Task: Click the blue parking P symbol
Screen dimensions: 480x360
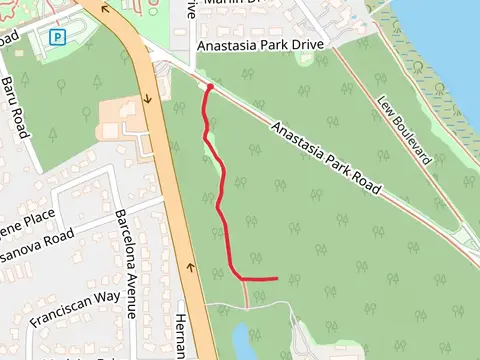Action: coord(58,38)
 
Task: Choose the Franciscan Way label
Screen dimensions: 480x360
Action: coord(74,310)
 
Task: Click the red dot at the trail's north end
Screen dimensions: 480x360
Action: coord(210,88)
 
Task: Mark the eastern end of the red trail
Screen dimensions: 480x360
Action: coord(276,278)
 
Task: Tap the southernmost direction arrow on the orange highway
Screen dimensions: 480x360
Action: coord(190,268)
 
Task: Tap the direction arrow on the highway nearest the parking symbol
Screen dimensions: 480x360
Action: coord(106,14)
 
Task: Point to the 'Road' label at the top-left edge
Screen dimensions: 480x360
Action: coord(9,41)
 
